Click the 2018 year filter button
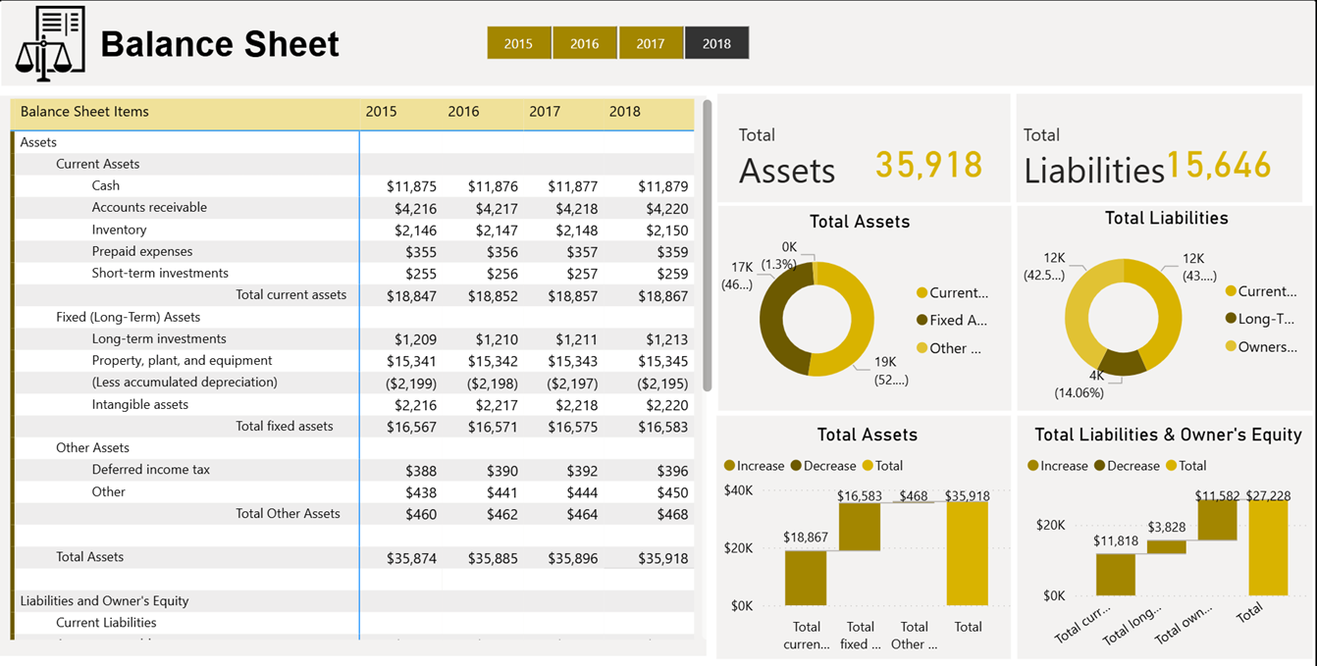click(x=716, y=43)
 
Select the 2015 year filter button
click(x=518, y=43)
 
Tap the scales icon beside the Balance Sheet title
click(x=50, y=44)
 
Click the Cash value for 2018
click(x=662, y=186)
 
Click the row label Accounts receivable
click(x=149, y=207)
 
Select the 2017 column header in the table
click(x=545, y=112)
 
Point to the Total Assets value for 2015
click(x=411, y=558)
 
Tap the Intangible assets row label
click(x=139, y=404)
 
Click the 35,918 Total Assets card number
click(x=928, y=165)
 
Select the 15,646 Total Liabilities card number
click(x=1218, y=166)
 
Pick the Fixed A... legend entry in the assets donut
click(x=958, y=320)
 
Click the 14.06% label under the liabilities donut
click(x=1079, y=392)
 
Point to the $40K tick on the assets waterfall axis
click(x=737, y=490)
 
